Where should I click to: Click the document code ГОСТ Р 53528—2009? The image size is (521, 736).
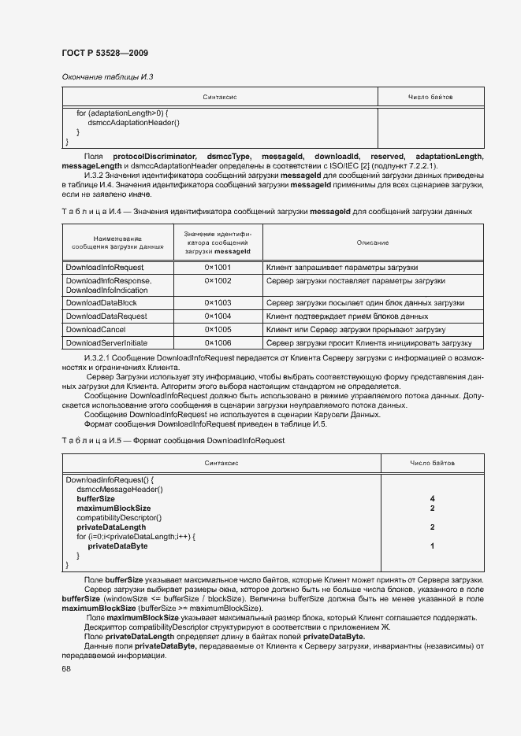pos(105,53)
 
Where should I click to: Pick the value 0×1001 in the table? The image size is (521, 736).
pos(218,268)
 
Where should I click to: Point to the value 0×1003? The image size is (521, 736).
pos(218,302)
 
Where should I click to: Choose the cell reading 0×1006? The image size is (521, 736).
pos(218,343)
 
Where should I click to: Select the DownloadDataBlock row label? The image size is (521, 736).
pos(101,302)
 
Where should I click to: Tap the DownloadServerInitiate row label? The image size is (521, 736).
pos(106,343)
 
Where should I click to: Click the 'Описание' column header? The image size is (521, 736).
pos(372,242)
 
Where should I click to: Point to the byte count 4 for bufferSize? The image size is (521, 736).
pos(433,498)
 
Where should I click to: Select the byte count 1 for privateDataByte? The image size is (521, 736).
pos(433,546)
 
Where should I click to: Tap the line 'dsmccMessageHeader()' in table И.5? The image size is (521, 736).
pos(120,489)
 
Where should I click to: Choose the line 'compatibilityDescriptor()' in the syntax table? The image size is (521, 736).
pos(118,517)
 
